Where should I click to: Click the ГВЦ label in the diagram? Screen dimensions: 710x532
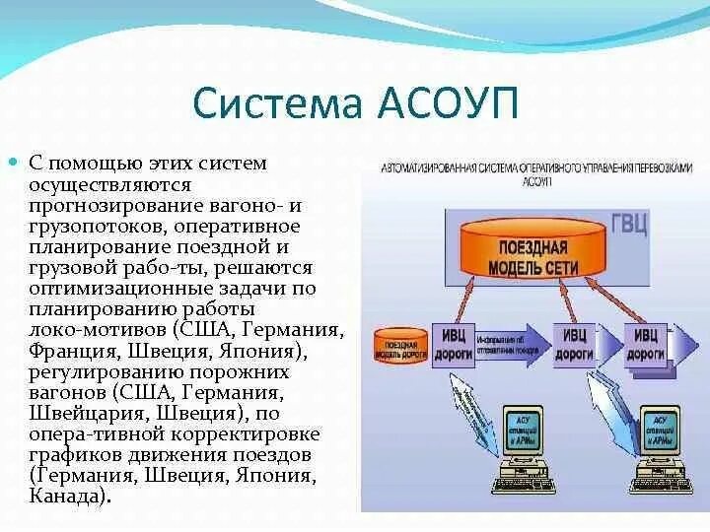(x=628, y=223)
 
